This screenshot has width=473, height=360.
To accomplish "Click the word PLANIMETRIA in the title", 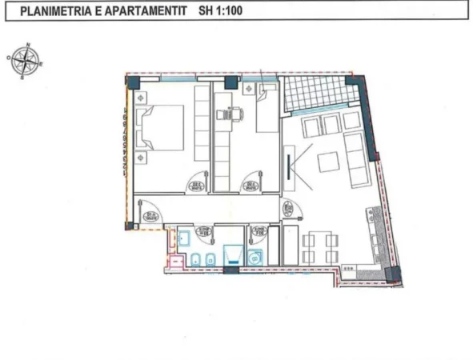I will click(54, 12).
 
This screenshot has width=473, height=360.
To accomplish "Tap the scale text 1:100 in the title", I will click(227, 12).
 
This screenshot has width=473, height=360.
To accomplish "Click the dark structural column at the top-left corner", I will click(133, 82).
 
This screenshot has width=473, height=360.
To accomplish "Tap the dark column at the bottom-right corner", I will click(393, 274).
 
